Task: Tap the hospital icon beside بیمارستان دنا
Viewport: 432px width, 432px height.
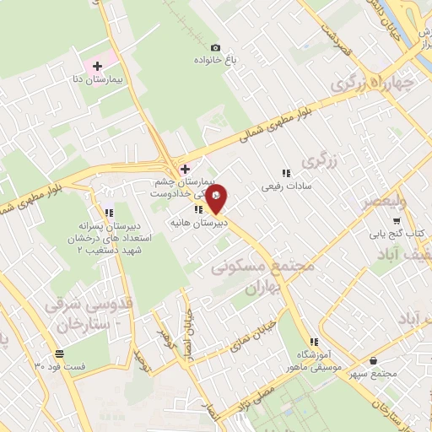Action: pos(97,65)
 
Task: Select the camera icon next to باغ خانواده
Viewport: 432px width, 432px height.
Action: pos(215,48)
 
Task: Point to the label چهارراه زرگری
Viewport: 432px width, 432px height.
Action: pos(375,83)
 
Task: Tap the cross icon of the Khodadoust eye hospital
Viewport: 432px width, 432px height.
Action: pos(185,169)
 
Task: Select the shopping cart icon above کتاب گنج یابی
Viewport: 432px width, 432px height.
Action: pos(397,219)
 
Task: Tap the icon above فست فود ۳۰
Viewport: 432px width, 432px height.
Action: pos(58,354)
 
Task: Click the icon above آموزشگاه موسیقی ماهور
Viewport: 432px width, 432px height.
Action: pos(314,342)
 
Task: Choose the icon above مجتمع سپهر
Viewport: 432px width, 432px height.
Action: pos(396,360)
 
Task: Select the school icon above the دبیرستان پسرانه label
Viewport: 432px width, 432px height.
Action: pos(108,212)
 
